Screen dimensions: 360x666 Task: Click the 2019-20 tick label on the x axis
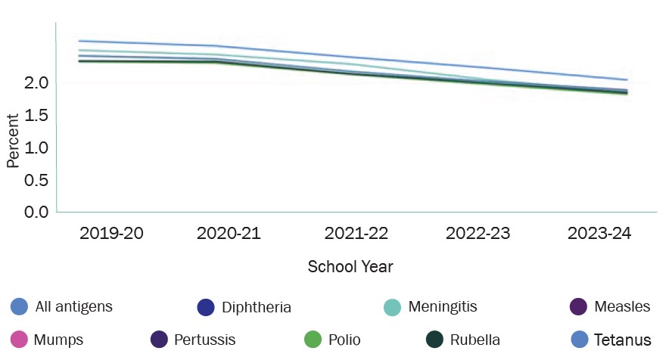click(x=110, y=233)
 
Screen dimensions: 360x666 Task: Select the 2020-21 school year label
click(x=229, y=233)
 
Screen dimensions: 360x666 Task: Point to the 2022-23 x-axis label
click(x=478, y=233)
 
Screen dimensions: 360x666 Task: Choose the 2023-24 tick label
click(x=599, y=233)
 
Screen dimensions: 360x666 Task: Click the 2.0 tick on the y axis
click(x=36, y=82)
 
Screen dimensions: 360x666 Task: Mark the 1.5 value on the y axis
click(x=36, y=115)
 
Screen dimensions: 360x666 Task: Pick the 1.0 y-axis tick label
click(x=36, y=147)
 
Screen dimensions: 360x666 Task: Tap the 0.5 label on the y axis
click(x=36, y=179)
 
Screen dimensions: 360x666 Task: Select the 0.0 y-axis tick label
click(x=36, y=211)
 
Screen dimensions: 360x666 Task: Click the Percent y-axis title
click(x=13, y=141)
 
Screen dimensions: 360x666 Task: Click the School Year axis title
click(x=350, y=267)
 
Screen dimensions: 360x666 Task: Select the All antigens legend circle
click(x=20, y=306)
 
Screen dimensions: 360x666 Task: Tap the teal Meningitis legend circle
click(x=392, y=306)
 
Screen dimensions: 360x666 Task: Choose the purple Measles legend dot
click(x=578, y=306)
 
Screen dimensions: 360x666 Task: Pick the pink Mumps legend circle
click(x=20, y=340)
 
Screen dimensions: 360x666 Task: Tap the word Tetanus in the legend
click(x=623, y=340)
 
